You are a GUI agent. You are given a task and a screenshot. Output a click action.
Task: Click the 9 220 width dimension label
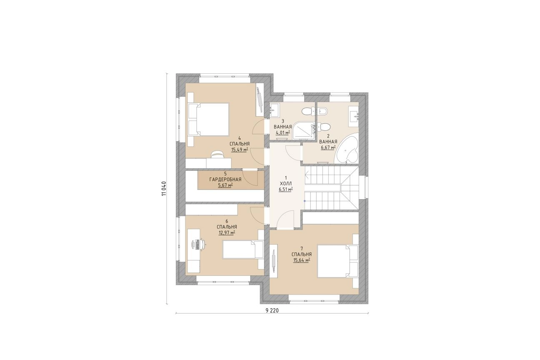click(272, 310)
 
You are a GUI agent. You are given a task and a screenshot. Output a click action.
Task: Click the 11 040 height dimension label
click(164, 188)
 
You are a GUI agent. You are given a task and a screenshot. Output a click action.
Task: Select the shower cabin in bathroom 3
click(304, 130)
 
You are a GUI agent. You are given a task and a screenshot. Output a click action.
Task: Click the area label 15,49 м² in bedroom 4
click(71, 150)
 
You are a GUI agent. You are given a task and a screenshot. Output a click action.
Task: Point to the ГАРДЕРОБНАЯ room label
click(57, 180)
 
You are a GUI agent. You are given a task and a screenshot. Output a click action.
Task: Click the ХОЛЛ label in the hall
click(286, 184)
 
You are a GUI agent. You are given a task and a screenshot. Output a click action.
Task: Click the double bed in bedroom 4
click(208, 120)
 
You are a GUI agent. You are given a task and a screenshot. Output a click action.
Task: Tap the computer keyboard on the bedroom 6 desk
click(197, 245)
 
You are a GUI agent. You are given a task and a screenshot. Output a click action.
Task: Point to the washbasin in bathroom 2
click(354, 116)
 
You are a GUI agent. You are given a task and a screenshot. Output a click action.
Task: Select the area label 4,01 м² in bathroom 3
click(283, 132)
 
